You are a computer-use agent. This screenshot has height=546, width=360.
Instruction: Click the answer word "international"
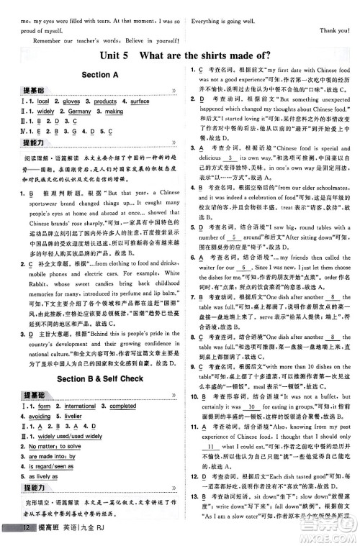tap(80, 406)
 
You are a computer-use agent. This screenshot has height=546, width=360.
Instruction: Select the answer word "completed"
tap(122, 406)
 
